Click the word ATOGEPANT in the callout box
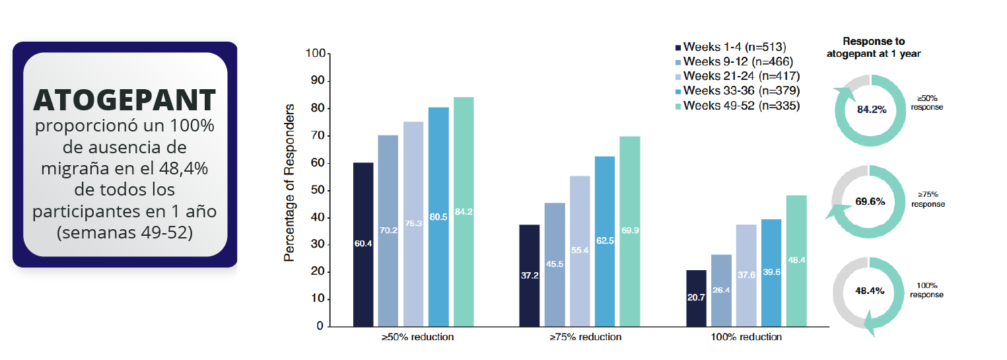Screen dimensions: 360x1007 [125, 100]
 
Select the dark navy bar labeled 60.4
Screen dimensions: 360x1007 [363, 244]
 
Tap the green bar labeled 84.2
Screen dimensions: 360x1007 [464, 211]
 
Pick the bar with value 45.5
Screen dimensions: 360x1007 [555, 264]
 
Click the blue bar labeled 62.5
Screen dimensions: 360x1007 [605, 241]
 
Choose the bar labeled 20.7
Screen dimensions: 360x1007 [696, 298]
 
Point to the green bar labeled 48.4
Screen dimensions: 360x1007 [796, 260]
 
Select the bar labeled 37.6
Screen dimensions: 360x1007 [746, 275]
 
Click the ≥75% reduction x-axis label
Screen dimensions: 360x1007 [585, 337]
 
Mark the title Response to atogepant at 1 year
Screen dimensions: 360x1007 [874, 48]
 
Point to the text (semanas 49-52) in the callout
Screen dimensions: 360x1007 [125, 233]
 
